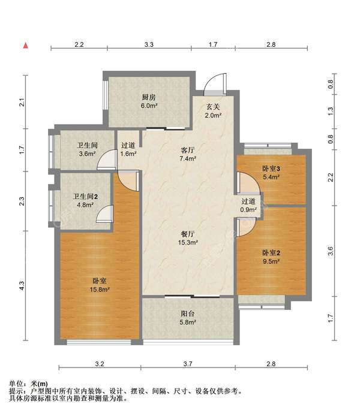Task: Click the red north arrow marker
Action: pos(25,46)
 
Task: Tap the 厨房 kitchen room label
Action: pos(149,97)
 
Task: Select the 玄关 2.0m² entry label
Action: pos(213,111)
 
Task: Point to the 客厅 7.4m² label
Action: pos(188,155)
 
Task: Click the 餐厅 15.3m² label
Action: pos(188,238)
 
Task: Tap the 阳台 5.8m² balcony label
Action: pos(188,318)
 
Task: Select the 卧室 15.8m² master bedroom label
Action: pos(100,285)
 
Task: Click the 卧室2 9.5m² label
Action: pos(271,257)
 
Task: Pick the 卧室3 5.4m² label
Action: pos(271,173)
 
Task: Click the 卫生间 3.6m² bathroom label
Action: pos(87,149)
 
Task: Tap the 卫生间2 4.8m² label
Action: pos(85,200)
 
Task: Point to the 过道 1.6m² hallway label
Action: pos(128,149)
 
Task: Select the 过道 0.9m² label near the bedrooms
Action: pos(248,206)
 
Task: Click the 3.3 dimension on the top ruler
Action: pos(149,44)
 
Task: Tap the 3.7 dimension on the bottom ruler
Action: pos(188,364)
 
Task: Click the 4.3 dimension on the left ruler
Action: pos(22,285)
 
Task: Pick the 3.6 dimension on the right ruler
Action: pos(330,251)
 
